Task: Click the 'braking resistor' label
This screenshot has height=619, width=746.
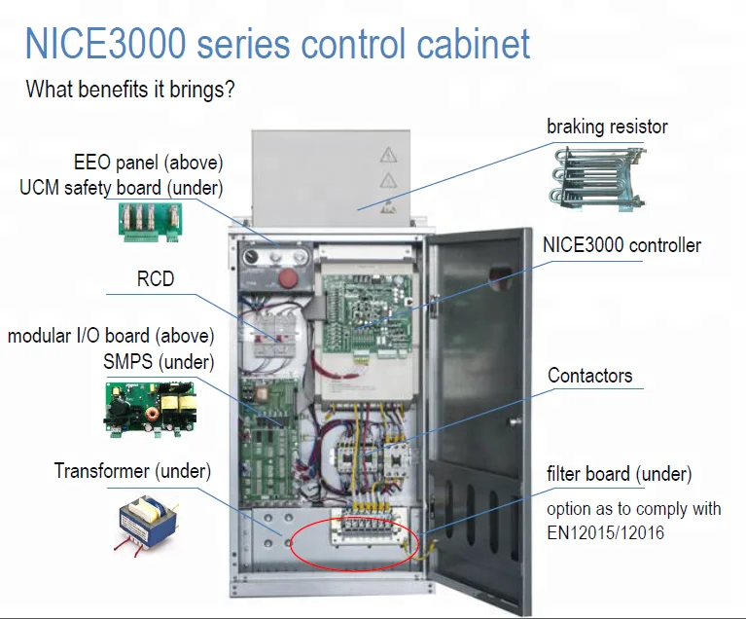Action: click(x=607, y=127)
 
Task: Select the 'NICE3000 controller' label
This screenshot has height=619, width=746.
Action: click(x=622, y=245)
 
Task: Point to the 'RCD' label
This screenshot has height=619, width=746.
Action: click(x=156, y=279)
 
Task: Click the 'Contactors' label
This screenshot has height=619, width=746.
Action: click(x=589, y=376)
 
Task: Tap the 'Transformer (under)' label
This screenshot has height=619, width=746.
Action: click(x=132, y=471)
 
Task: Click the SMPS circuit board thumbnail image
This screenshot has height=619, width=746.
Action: click(x=150, y=407)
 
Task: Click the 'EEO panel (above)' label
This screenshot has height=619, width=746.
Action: click(x=148, y=162)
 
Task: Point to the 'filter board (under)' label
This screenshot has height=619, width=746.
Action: click(x=619, y=475)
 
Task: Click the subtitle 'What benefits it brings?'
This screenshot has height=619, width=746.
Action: click(x=131, y=91)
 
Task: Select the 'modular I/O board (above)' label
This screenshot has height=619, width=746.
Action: click(x=111, y=336)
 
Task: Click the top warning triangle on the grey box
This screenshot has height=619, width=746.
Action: click(x=389, y=155)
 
